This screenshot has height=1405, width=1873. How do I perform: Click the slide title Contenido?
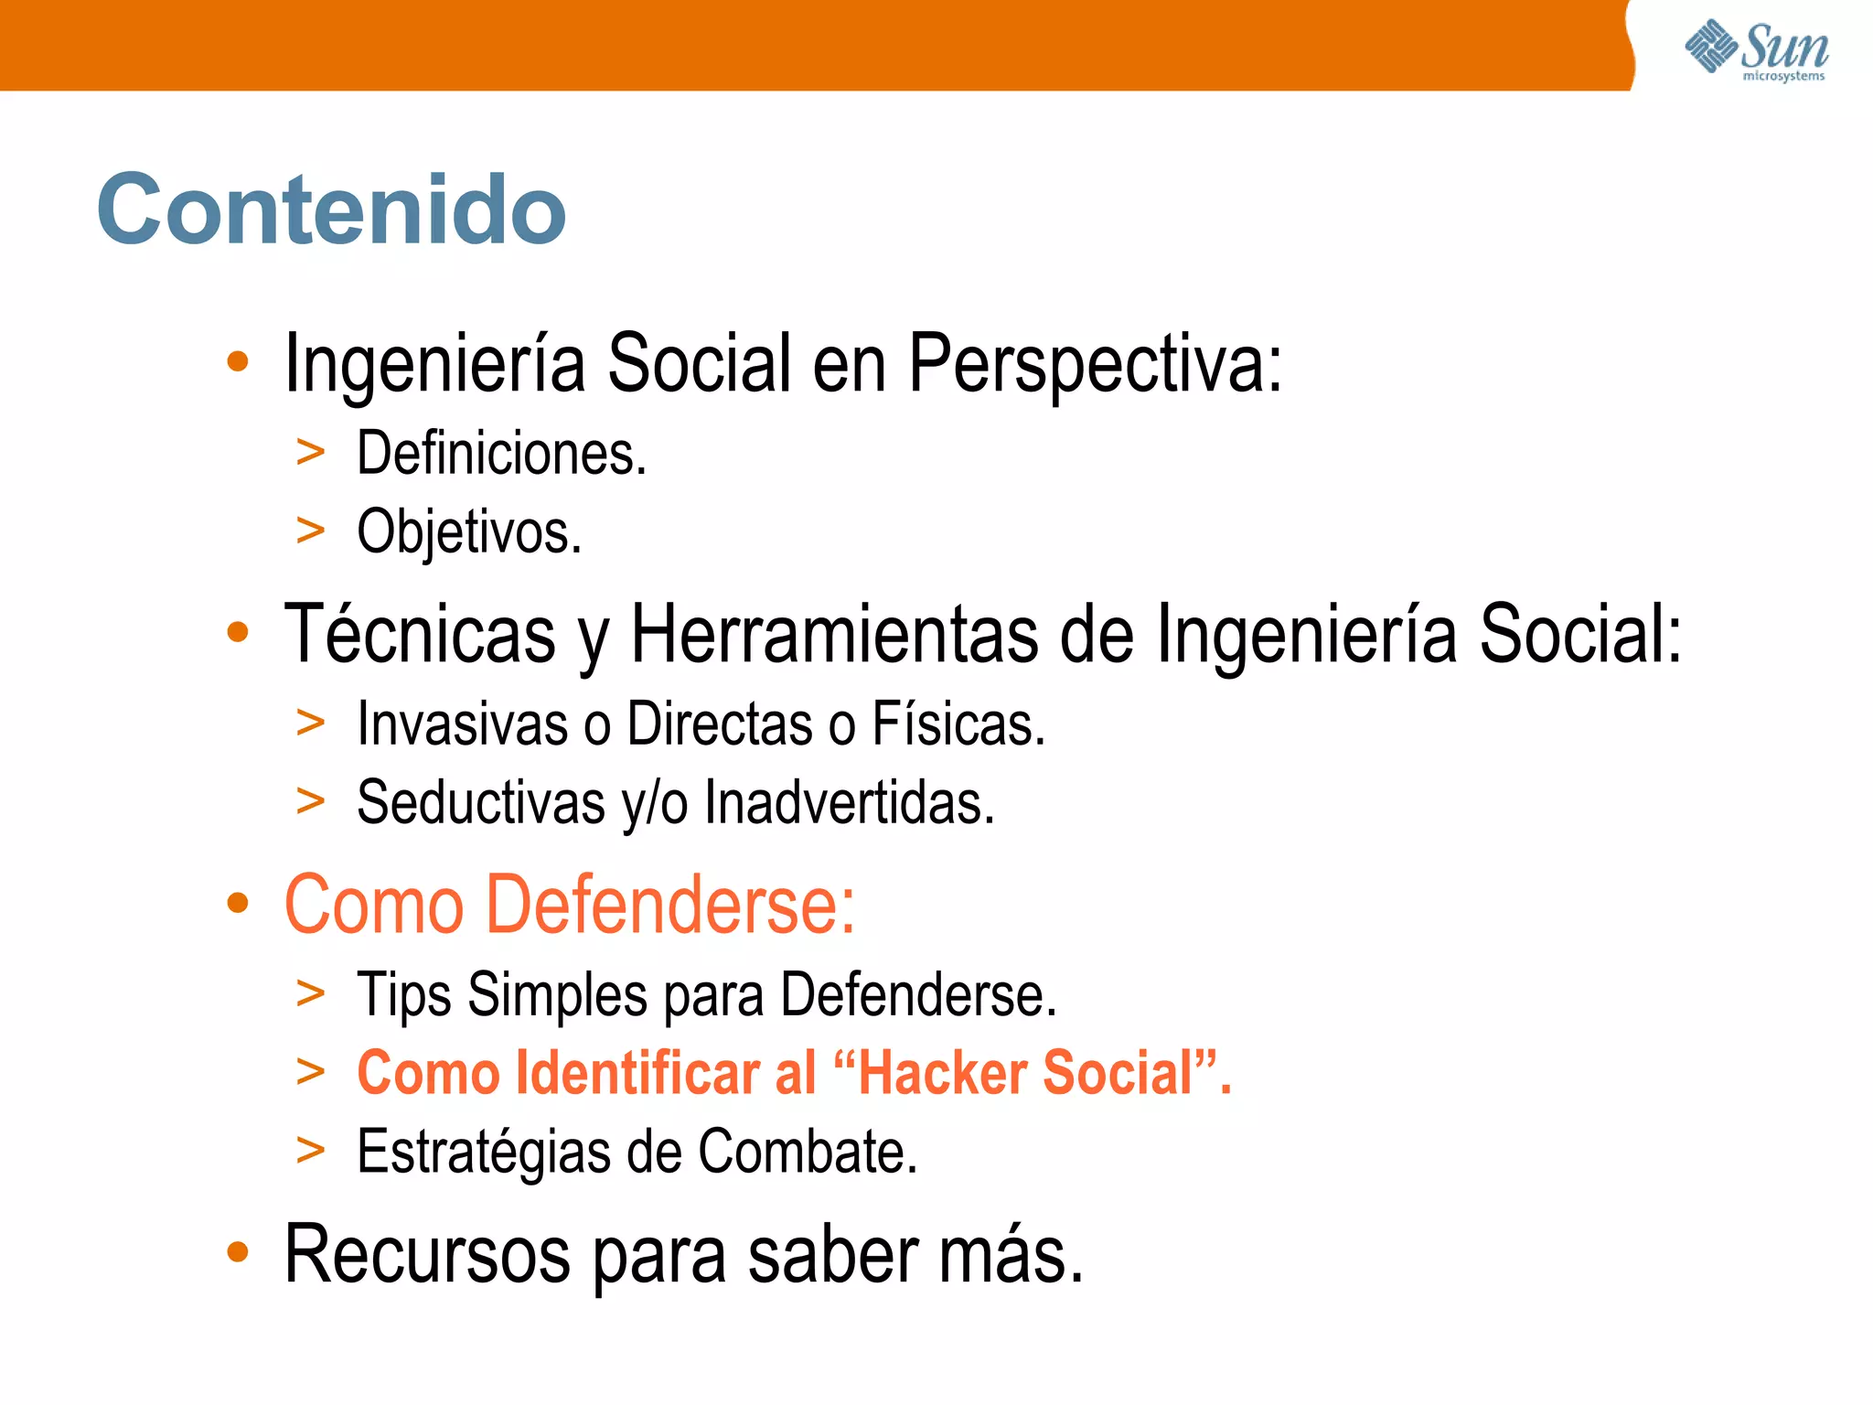(331, 209)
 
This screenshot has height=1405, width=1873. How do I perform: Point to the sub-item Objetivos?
(468, 531)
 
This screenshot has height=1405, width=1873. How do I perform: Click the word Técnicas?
(420, 634)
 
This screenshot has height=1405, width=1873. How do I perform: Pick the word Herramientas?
(834, 634)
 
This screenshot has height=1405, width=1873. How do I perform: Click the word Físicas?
(958, 724)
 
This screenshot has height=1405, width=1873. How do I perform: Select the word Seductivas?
(481, 802)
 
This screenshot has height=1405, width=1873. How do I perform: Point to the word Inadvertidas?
(849, 802)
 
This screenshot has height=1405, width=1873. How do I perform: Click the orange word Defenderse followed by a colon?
(669, 905)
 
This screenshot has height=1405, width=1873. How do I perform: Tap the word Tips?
(403, 994)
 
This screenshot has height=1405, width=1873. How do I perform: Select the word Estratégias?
(483, 1152)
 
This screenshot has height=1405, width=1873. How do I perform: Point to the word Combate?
(807, 1152)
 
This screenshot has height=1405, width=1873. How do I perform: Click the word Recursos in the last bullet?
(427, 1254)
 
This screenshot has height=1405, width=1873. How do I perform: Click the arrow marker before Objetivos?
(311, 531)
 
